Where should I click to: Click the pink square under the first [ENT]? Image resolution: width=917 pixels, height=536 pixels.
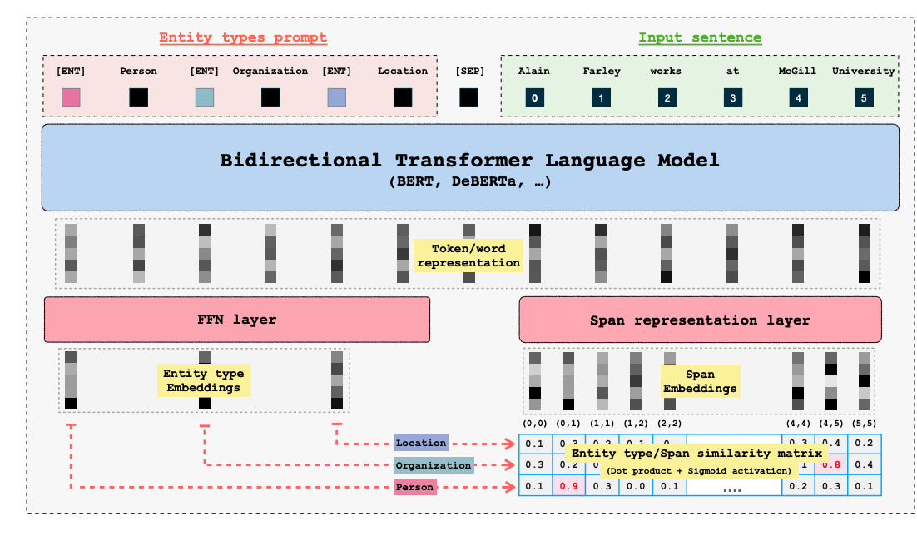71,98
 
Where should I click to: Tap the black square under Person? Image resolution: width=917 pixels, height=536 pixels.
138,98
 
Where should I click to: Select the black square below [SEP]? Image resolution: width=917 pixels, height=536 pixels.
469,98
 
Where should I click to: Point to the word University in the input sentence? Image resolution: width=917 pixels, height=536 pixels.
863,71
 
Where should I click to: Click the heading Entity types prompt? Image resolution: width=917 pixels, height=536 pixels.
243,37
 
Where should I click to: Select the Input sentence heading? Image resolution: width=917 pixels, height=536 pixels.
700,37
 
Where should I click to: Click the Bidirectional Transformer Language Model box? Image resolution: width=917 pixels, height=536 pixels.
470,166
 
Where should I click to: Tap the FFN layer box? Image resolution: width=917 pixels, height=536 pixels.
236,320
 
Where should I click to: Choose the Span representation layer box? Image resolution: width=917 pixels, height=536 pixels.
700,320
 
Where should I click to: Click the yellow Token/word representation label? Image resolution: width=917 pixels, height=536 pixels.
468,256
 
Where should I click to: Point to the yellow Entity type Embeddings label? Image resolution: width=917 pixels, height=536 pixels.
201,380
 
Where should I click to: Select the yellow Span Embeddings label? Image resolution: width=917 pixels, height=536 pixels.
700,380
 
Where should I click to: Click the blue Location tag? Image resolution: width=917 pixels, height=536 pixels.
421,444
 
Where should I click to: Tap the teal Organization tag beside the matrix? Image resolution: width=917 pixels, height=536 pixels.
434,465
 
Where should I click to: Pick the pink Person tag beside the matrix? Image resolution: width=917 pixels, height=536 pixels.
415,487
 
